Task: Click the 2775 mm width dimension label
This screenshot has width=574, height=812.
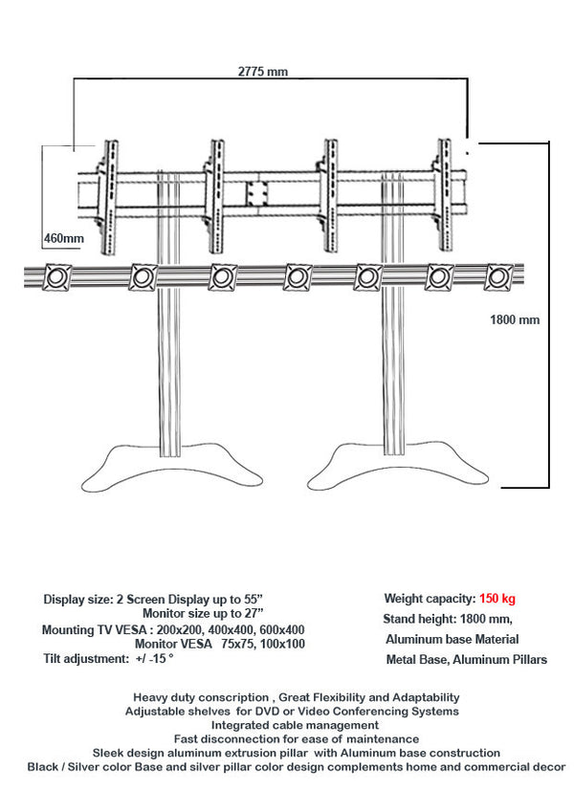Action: (x=263, y=71)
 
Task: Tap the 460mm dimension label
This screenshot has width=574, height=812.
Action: (x=63, y=238)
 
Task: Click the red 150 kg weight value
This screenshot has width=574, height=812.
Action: (x=497, y=599)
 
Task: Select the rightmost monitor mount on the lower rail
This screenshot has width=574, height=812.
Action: (x=497, y=277)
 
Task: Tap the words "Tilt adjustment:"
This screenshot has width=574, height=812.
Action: (x=83, y=659)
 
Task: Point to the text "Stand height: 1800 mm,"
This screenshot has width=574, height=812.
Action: (x=449, y=619)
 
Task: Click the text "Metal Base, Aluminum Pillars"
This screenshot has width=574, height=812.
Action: (x=466, y=660)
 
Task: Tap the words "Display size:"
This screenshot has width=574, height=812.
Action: (x=77, y=599)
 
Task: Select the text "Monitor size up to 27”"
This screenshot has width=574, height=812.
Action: (x=203, y=612)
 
